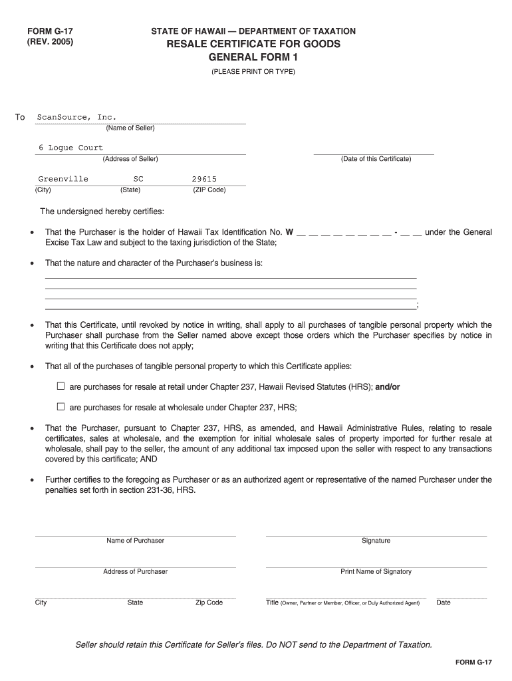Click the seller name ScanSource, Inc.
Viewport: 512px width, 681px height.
(76, 117)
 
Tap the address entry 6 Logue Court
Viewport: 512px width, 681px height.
(70, 148)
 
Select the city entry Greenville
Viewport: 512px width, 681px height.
(63, 179)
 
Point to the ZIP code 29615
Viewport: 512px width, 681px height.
(204, 179)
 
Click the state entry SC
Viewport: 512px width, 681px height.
(138, 179)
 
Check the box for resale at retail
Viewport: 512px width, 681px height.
(61, 386)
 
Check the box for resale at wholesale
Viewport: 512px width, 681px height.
(61, 406)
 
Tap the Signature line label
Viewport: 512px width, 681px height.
(376, 541)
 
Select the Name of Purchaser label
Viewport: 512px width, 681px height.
(135, 541)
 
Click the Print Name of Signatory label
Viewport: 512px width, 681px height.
(376, 571)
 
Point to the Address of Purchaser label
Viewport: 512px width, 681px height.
(135, 571)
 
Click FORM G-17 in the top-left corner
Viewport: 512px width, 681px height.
(49, 31)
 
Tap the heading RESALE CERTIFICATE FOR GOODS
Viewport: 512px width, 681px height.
(253, 44)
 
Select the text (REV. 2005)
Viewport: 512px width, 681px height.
(50, 42)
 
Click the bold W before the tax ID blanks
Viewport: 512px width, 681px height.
(289, 232)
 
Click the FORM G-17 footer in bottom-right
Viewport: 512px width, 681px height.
(473, 662)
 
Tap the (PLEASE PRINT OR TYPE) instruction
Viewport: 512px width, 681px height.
(253, 71)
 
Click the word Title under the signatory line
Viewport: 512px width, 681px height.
(272, 603)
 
